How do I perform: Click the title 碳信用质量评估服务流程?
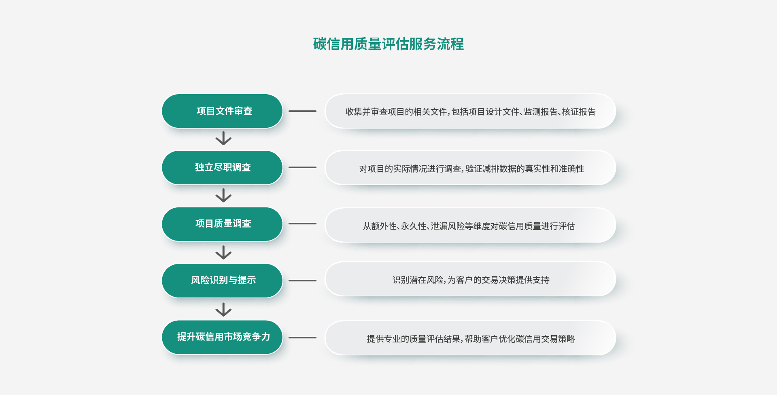tap(388, 44)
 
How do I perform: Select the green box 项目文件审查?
tap(222, 111)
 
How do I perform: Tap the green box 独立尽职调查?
tap(222, 167)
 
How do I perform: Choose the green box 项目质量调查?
tap(222, 224)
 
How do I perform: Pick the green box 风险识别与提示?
tap(222, 281)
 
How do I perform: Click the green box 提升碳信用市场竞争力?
tap(222, 337)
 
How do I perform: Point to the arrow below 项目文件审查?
tap(223, 138)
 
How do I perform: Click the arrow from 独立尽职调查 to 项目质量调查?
tap(223, 195)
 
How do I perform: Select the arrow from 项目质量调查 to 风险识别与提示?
tap(223, 252)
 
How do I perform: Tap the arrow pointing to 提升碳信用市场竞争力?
tap(223, 309)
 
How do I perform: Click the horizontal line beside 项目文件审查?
tap(302, 111)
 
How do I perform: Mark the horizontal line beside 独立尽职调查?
tap(302, 167)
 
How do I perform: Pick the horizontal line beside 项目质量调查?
tap(302, 224)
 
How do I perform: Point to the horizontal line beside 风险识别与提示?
tap(302, 281)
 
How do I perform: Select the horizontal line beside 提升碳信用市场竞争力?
tap(302, 338)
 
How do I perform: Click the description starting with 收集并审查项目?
tap(470, 112)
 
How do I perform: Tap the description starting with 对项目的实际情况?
tap(471, 169)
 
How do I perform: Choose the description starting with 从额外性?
tap(469, 226)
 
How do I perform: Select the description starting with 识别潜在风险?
tap(471, 280)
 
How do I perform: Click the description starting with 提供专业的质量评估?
tap(471, 339)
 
